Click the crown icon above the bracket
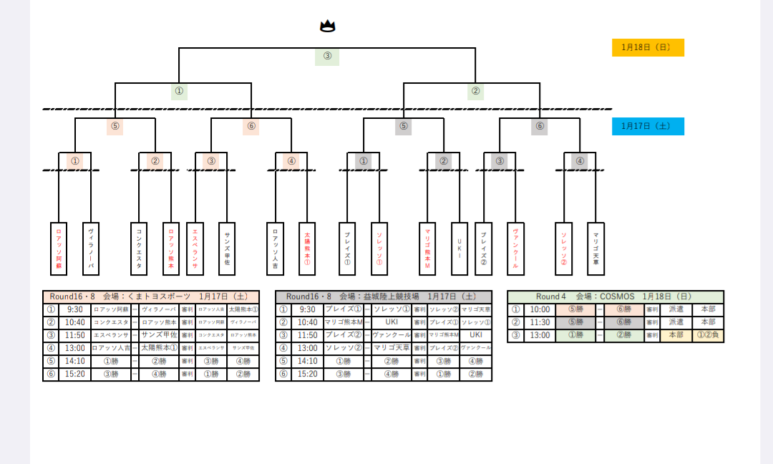point(327,26)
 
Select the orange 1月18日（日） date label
point(648,47)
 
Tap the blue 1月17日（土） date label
point(648,126)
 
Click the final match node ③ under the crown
point(327,57)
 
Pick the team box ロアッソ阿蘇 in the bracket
point(59,248)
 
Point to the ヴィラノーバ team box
point(91,248)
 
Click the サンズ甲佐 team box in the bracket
point(227,248)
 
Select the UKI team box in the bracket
point(459,248)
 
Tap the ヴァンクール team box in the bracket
point(515,248)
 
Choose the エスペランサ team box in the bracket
point(195,248)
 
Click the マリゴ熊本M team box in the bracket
point(427,248)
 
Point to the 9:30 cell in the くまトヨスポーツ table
point(74,310)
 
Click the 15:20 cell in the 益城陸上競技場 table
point(307,374)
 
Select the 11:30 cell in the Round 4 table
point(540,323)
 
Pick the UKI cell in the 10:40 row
point(391,323)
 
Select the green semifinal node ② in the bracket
point(475,92)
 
